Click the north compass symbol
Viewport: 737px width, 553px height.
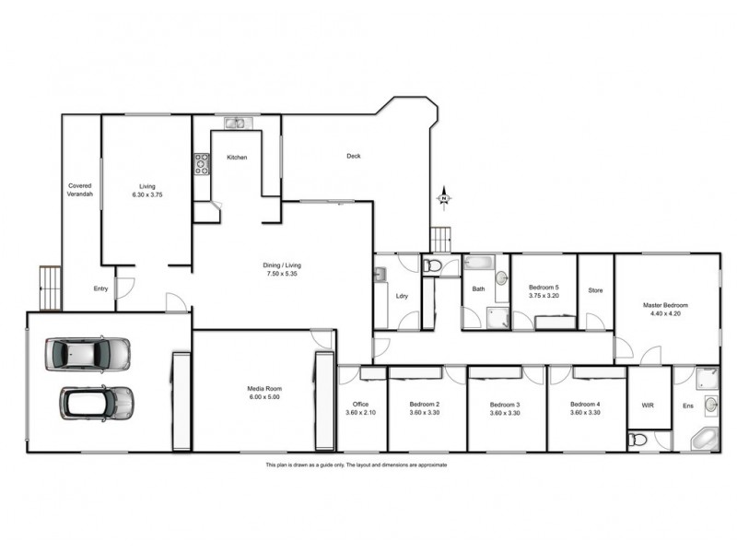[443, 197]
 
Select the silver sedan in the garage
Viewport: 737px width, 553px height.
[88, 354]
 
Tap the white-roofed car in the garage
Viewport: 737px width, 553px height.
[97, 402]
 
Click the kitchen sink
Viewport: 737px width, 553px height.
[234, 124]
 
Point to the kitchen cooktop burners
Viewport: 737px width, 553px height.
[202, 164]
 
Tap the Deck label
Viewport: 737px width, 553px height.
[353, 156]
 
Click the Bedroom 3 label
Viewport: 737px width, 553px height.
[505, 405]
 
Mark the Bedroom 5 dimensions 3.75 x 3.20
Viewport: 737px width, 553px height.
[544, 297]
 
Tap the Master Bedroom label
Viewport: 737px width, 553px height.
[665, 305]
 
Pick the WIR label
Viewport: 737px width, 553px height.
[647, 405]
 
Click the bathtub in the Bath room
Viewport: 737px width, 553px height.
[481, 262]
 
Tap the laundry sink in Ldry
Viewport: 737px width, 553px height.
[380, 274]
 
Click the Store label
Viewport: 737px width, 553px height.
[595, 290]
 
